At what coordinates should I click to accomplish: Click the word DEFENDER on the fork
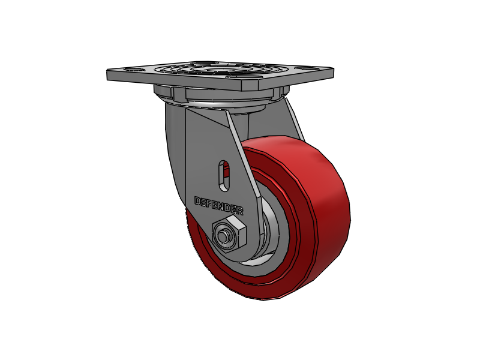pos(219,205)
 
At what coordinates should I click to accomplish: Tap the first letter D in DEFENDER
pos(197,200)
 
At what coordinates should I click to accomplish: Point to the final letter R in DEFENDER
pos(240,211)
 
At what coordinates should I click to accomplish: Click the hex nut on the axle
pos(230,234)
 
